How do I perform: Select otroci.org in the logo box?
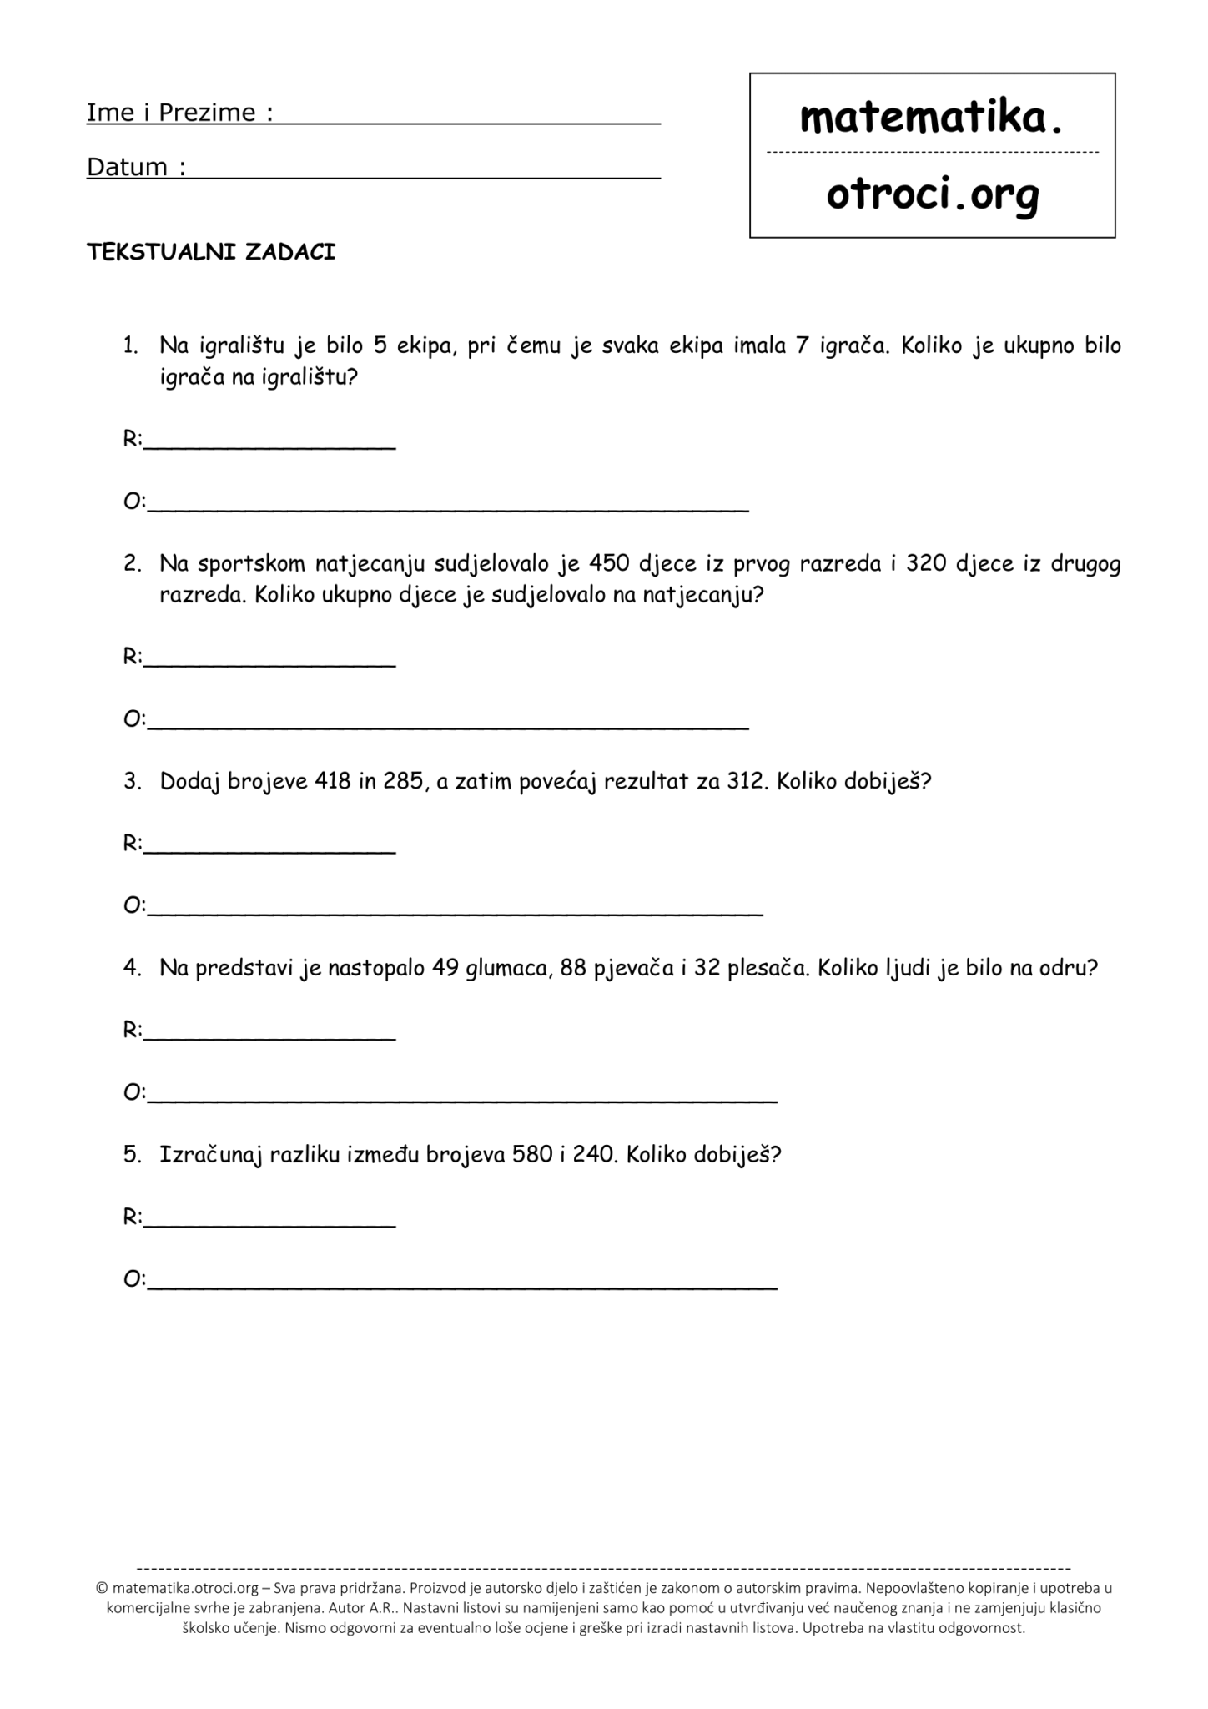(x=933, y=195)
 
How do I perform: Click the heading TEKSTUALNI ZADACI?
(x=211, y=253)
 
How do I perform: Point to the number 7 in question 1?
(x=802, y=345)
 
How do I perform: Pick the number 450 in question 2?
(x=609, y=564)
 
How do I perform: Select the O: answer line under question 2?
(x=448, y=726)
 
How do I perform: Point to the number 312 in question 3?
(x=746, y=782)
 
